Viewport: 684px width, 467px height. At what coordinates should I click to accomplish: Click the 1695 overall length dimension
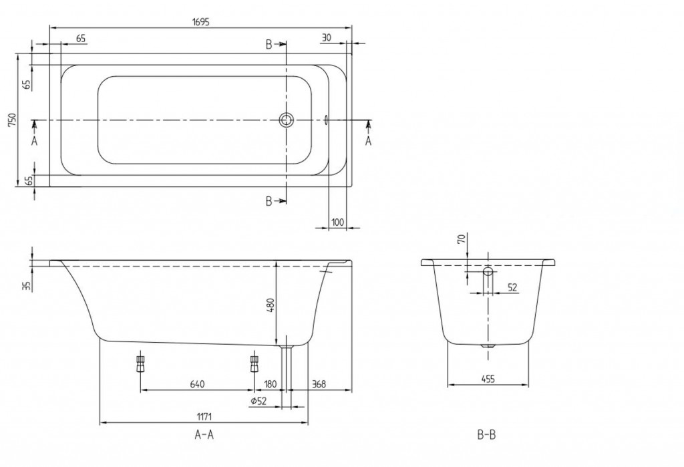201,22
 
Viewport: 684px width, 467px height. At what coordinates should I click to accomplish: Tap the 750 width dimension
12,120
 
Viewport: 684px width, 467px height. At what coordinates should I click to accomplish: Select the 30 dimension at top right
326,38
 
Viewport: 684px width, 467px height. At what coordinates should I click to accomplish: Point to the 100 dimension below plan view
337,222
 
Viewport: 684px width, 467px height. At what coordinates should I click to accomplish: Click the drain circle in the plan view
287,120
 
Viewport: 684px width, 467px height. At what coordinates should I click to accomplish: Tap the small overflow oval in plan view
325,120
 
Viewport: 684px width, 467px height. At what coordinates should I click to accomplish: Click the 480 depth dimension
271,305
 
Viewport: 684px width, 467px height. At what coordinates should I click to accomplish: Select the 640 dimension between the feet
197,384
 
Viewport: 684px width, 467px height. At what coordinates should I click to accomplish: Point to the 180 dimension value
271,384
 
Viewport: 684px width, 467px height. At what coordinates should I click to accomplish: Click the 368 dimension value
319,384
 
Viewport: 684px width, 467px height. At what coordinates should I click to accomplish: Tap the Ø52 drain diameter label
259,401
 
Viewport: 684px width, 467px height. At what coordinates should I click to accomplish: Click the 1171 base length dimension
204,418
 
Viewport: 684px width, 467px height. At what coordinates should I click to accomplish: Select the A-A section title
204,435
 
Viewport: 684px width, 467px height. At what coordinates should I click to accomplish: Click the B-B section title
486,435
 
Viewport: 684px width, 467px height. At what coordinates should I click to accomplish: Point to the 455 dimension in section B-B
488,379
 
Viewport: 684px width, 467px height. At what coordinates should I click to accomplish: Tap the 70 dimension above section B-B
462,239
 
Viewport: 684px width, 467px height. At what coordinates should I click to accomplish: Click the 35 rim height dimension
27,286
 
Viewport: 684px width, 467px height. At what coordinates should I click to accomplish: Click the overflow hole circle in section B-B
488,271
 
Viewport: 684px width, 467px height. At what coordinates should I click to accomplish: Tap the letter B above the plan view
269,44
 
